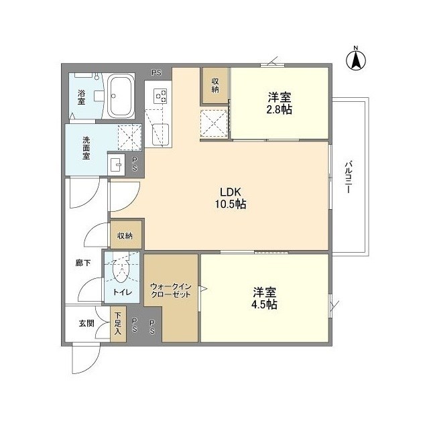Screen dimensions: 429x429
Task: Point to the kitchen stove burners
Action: (x=161, y=97)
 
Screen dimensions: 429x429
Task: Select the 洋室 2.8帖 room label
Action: (x=279, y=103)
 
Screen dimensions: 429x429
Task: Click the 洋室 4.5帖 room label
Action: (x=265, y=298)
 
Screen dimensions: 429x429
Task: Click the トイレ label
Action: (x=121, y=292)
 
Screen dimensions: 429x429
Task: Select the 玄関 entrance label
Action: (x=86, y=323)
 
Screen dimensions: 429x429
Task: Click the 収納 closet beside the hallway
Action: (x=125, y=235)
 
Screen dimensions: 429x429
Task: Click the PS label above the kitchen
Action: (x=156, y=72)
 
